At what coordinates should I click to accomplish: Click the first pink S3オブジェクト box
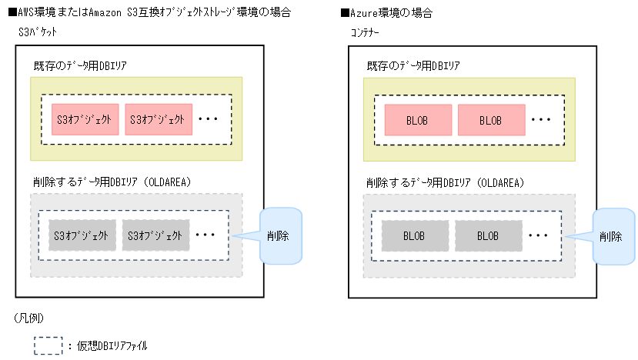(x=85, y=119)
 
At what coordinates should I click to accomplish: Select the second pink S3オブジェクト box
(x=158, y=119)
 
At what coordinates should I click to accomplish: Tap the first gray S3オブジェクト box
(x=82, y=235)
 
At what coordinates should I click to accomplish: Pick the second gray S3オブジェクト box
(x=155, y=235)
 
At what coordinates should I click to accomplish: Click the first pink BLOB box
(x=416, y=121)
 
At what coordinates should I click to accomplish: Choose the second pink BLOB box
(x=491, y=121)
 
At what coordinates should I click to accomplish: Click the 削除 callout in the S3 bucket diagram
(x=278, y=235)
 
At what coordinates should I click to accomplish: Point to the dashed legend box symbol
(x=47, y=345)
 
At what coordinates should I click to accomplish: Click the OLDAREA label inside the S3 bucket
(x=112, y=182)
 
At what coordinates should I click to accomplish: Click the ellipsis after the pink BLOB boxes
(x=542, y=120)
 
